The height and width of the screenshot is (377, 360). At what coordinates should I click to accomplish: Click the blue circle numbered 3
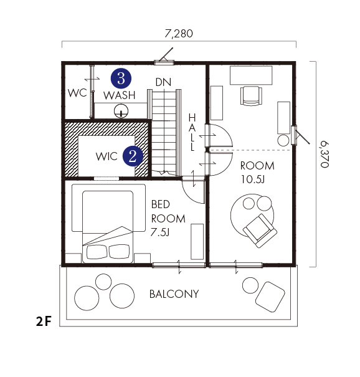pyautogui.click(x=121, y=79)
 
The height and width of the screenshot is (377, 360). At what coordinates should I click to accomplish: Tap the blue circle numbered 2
pyautogui.click(x=133, y=156)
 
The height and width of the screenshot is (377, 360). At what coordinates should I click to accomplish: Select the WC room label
pyautogui.click(x=77, y=93)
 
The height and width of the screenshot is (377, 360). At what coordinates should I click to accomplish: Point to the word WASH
pyautogui.click(x=120, y=95)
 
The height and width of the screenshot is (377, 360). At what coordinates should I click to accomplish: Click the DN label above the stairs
pyautogui.click(x=163, y=82)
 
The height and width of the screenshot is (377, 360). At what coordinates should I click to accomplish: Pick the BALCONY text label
pyautogui.click(x=174, y=293)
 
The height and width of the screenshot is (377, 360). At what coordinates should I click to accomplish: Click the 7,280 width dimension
pyautogui.click(x=179, y=34)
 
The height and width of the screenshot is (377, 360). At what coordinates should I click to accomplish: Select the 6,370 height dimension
pyautogui.click(x=324, y=154)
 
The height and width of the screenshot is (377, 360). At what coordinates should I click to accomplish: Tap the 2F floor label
pyautogui.click(x=44, y=321)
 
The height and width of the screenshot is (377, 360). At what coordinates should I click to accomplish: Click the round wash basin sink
pyautogui.click(x=121, y=111)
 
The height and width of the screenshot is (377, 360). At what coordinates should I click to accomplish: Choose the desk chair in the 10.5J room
pyautogui.click(x=251, y=96)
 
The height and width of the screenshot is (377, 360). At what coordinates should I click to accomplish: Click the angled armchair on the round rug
pyautogui.click(x=260, y=231)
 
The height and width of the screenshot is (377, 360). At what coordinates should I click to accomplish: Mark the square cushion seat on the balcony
pyautogui.click(x=270, y=297)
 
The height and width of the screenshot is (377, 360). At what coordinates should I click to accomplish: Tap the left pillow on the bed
pyautogui.click(x=97, y=252)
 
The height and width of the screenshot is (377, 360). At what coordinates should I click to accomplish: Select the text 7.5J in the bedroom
pyautogui.click(x=160, y=232)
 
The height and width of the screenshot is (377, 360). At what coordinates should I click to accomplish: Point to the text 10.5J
pyautogui.click(x=253, y=179)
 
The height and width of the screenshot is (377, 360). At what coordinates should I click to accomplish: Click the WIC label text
pyautogui.click(x=107, y=156)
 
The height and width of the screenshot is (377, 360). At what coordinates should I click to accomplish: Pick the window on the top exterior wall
pyautogui.click(x=164, y=63)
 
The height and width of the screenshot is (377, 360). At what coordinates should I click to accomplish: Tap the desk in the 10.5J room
pyautogui.click(x=251, y=75)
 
